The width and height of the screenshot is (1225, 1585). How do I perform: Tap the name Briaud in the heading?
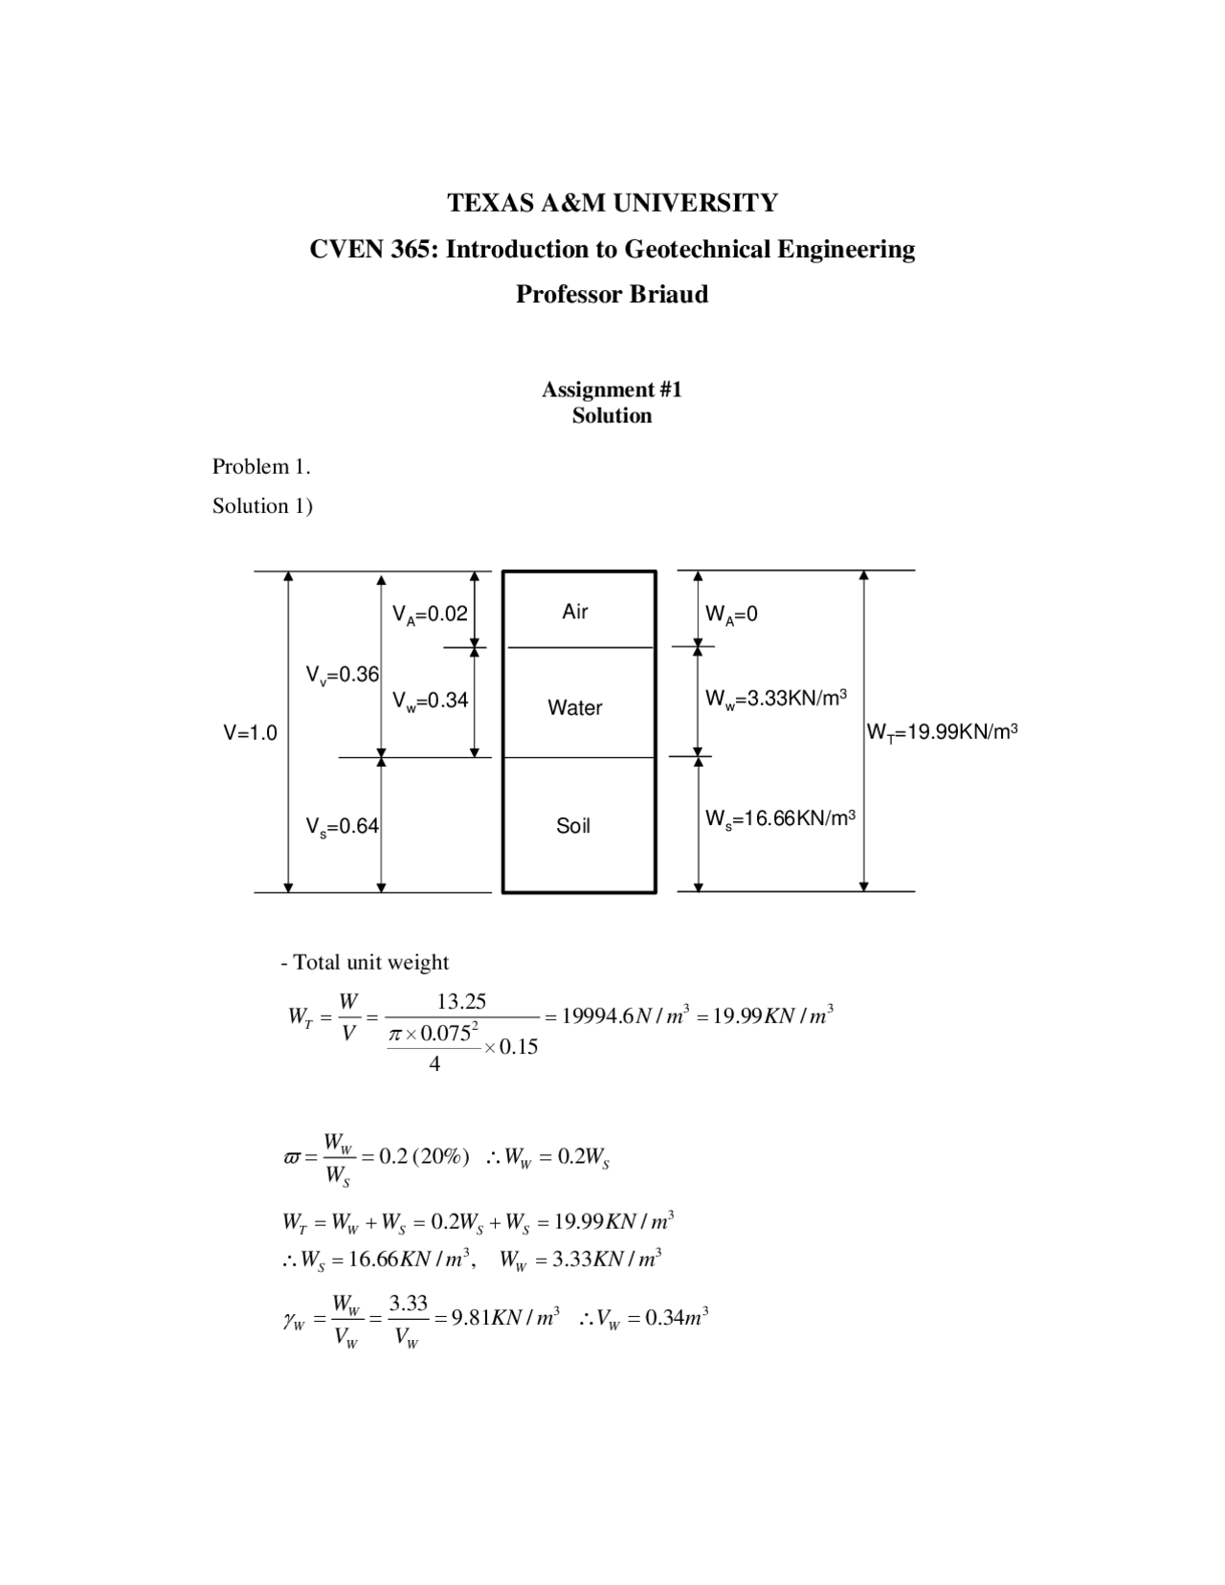tap(669, 295)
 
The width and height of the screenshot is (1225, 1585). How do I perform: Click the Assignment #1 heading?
tap(612, 390)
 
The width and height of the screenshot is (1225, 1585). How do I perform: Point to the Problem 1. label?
tap(261, 467)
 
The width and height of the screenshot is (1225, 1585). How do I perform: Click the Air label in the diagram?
tap(575, 612)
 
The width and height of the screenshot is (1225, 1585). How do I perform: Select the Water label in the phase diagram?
tap(575, 708)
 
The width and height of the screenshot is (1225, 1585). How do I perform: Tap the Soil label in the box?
tap(573, 826)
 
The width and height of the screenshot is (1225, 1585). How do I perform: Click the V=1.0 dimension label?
tap(251, 733)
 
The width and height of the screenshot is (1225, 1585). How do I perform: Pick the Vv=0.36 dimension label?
tap(343, 676)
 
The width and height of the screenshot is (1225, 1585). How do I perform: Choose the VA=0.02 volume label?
tap(430, 614)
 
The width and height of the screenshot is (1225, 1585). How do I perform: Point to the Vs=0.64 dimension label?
tap(343, 827)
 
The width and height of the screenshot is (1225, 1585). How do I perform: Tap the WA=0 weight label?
tap(731, 614)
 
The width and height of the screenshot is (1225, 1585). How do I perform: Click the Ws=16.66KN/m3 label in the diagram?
tap(780, 819)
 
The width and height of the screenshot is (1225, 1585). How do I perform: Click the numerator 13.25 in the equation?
tap(461, 1002)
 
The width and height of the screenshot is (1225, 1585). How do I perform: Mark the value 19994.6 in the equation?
tap(598, 1016)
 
